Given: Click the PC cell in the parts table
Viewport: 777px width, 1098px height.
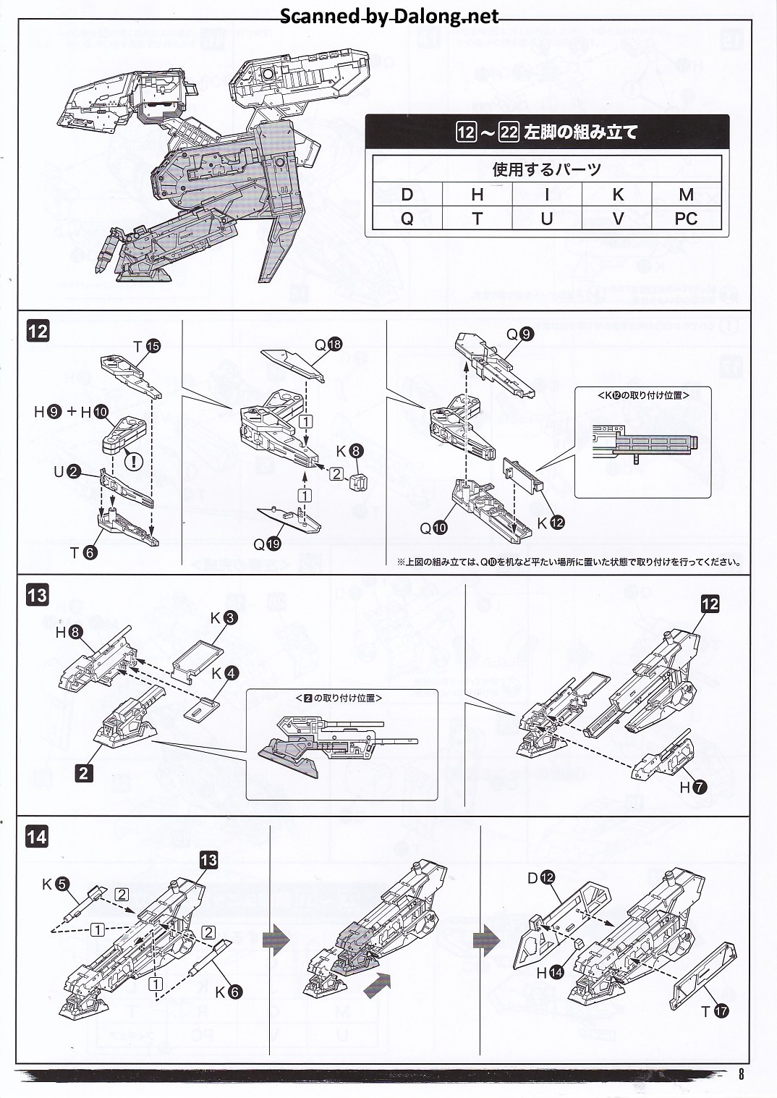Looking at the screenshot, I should [x=685, y=219].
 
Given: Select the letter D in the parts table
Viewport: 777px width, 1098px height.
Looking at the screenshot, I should [x=407, y=195].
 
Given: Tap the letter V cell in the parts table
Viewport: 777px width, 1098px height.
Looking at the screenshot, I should [x=617, y=219].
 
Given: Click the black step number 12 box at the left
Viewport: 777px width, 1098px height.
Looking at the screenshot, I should [x=38, y=331].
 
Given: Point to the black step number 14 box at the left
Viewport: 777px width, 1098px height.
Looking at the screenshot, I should [x=37, y=837].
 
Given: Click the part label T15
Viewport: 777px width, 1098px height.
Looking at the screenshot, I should [x=146, y=347].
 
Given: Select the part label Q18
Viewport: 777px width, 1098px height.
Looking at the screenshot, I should [x=328, y=345].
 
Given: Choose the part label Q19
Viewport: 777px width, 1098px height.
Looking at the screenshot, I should [x=266, y=544].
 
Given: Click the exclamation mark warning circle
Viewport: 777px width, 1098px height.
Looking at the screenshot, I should [x=134, y=460].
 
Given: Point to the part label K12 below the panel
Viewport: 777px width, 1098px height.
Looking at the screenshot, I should [x=550, y=523].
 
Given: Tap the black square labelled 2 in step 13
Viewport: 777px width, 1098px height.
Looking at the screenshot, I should [x=83, y=773].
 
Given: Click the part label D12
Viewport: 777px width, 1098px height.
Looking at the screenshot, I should [x=540, y=878].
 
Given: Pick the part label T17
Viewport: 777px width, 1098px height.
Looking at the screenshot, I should [x=714, y=1012].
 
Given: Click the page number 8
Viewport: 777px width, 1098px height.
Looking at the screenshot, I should [x=741, y=1074].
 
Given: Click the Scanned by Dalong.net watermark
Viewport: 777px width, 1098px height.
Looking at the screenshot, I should [x=389, y=17].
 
